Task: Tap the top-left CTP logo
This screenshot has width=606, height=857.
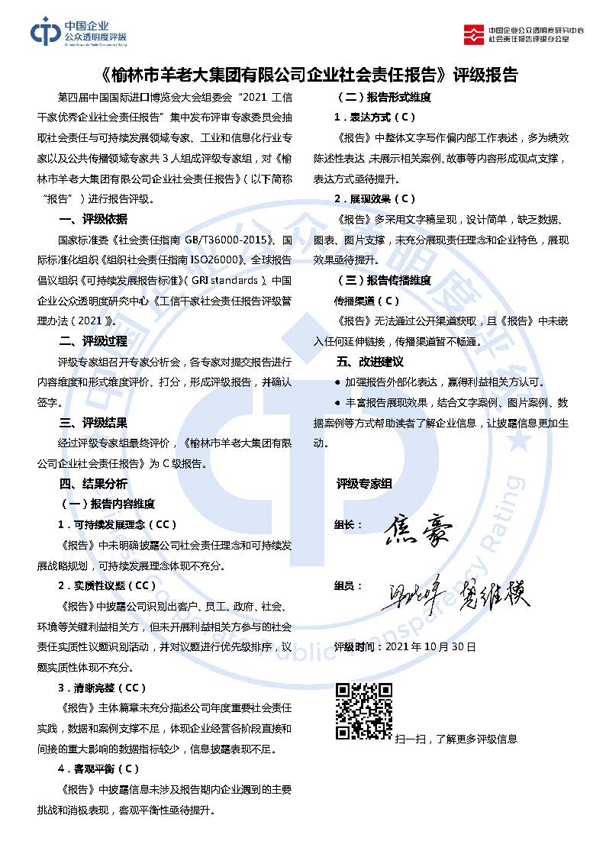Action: (x=46, y=31)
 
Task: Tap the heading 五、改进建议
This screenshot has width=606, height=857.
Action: (x=369, y=362)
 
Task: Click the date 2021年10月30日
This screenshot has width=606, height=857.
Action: (x=430, y=646)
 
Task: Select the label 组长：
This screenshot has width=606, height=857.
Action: (x=349, y=525)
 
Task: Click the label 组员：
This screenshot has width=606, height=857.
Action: (x=349, y=586)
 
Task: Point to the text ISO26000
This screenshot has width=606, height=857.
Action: (x=227, y=260)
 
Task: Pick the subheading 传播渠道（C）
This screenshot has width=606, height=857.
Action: (x=367, y=301)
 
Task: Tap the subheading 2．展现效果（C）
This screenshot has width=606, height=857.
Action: (x=375, y=199)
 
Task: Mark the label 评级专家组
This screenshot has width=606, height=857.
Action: (x=364, y=484)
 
